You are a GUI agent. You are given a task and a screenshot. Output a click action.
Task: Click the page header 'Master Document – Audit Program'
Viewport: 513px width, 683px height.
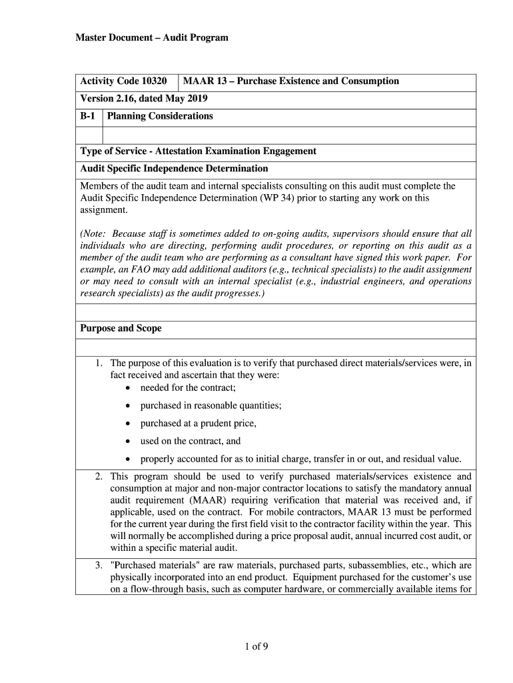click(x=151, y=37)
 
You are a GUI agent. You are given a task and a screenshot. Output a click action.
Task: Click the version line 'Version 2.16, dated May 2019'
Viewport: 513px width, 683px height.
click(x=144, y=99)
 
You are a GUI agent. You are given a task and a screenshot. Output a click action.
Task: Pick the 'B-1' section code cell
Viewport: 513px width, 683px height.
click(x=88, y=116)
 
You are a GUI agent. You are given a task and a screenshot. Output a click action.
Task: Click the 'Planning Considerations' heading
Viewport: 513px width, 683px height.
click(x=160, y=116)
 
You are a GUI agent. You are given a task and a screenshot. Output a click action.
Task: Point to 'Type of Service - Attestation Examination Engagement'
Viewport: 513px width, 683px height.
click(x=198, y=151)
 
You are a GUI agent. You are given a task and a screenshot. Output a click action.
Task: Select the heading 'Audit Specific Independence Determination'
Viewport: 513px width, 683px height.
click(x=174, y=169)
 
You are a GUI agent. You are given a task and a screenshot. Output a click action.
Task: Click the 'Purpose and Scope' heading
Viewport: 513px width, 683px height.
click(x=121, y=329)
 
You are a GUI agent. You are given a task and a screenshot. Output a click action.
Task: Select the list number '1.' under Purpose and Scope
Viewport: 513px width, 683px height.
click(x=98, y=364)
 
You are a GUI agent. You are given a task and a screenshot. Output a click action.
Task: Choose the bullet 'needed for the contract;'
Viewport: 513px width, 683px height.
click(x=188, y=388)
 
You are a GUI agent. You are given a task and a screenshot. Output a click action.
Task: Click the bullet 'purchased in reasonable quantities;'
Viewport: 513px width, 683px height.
click(x=211, y=406)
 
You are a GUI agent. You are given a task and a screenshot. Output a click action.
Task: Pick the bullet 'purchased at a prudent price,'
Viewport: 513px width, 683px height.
click(x=198, y=424)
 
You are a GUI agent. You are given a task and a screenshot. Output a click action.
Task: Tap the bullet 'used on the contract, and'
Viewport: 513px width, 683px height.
click(x=190, y=441)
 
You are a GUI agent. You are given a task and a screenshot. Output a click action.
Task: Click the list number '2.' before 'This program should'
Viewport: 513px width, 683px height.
click(x=98, y=477)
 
